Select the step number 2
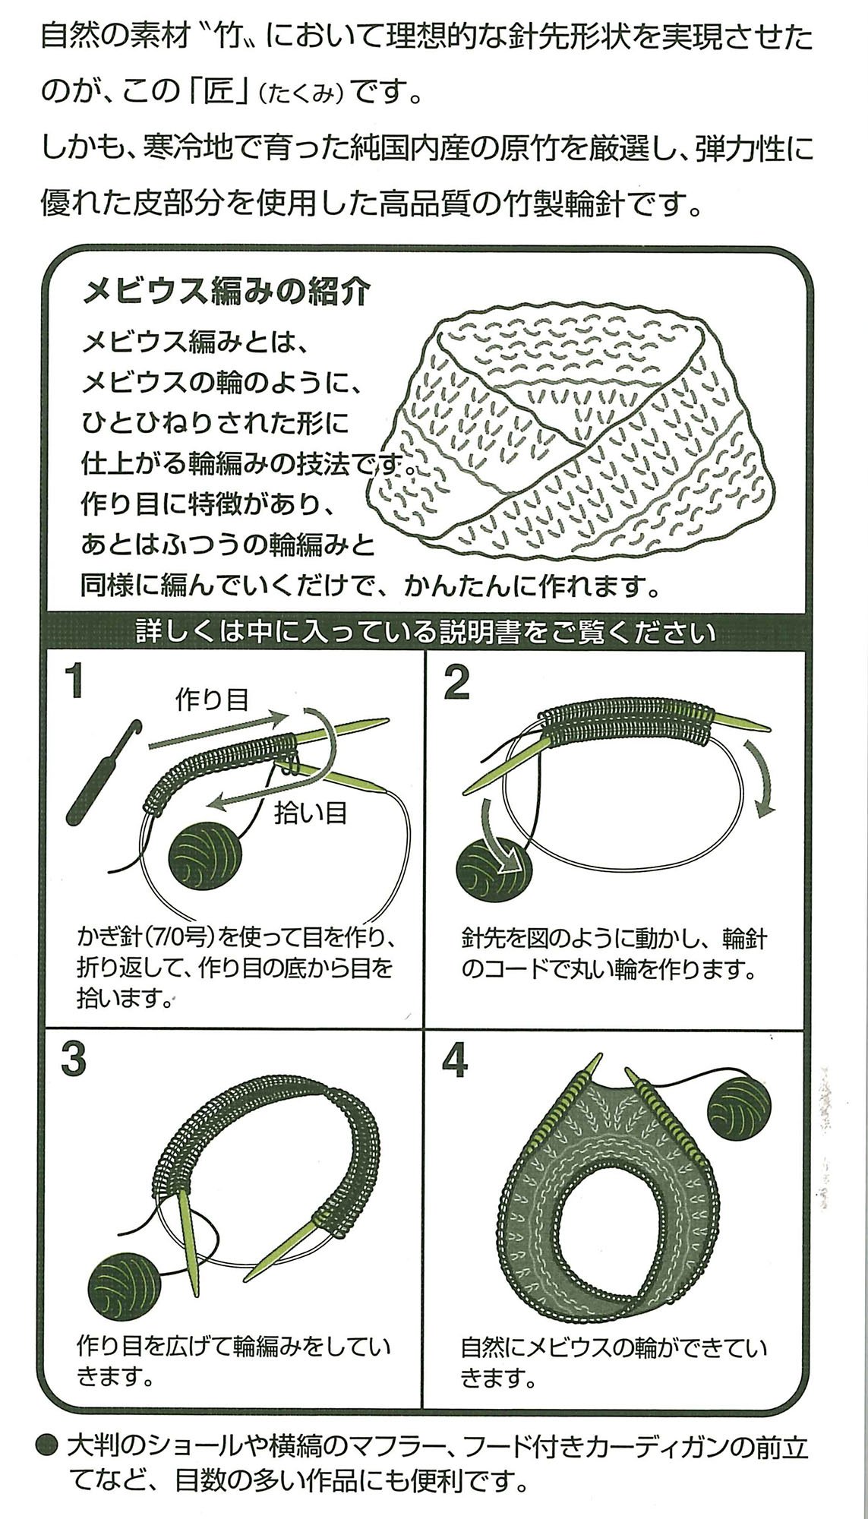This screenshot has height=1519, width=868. click(456, 681)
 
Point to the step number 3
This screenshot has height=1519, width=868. click(74, 1057)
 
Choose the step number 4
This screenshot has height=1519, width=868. click(455, 1057)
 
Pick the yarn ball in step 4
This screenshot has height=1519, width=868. click(749, 1112)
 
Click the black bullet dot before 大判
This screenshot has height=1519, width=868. click(49, 1445)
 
